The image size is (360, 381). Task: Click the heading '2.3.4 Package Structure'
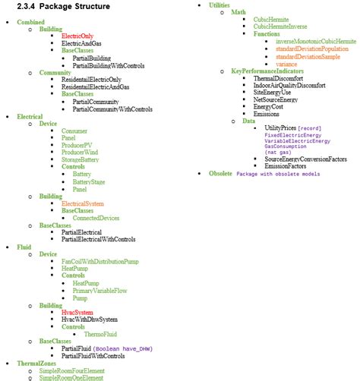[63, 6]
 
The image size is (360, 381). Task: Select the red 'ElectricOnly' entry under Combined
[77, 36]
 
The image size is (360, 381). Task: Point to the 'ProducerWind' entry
[80, 152]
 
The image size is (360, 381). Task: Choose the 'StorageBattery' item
[81, 159]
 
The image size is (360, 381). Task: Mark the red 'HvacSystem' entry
[77, 312]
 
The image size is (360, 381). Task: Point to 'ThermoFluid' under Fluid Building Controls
[100, 334]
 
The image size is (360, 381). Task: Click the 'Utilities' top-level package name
[219, 5]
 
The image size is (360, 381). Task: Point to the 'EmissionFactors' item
[279, 165]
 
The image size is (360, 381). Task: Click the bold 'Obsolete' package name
[220, 174]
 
